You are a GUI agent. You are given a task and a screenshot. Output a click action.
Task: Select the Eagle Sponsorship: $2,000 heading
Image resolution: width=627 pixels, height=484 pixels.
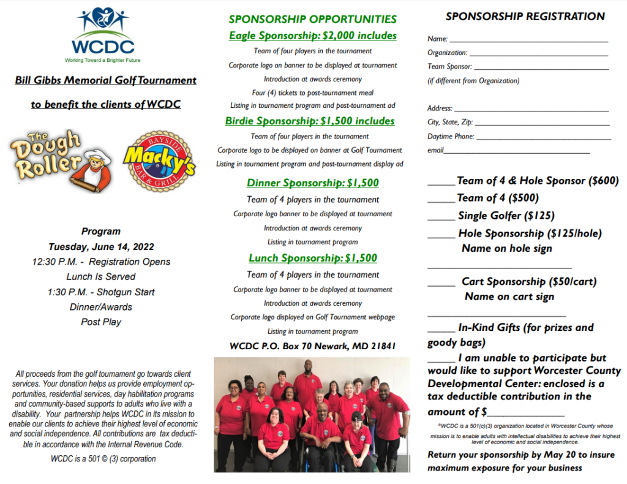coord(312,36)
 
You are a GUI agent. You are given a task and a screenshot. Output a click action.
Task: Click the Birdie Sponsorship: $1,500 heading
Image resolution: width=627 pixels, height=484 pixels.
coord(310,121)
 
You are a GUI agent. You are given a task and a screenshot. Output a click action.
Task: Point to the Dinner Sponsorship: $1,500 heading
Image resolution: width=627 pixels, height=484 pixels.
coord(312,183)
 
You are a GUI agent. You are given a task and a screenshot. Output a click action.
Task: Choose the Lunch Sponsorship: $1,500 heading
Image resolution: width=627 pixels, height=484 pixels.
coord(312,258)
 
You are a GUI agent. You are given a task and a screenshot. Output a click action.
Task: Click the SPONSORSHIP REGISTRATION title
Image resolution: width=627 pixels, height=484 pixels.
coord(525,17)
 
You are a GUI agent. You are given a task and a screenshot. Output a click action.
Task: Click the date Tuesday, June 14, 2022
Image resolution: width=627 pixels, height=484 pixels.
coord(101,247)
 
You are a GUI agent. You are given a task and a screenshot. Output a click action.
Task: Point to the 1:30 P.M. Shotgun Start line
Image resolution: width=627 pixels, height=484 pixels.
coord(101,292)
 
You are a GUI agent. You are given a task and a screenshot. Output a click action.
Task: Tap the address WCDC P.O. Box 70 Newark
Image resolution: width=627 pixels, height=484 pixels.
coord(312,346)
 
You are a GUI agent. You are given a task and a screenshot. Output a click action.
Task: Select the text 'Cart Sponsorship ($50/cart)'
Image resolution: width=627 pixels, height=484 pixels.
coord(529,282)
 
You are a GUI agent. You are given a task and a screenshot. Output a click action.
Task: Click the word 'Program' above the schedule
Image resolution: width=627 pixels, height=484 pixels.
coord(101,232)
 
